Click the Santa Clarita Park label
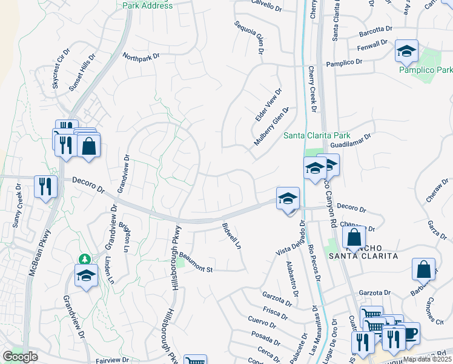(317, 135)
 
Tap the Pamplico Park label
(426, 70)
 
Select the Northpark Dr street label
(141, 56)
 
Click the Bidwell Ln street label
(231, 237)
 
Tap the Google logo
(20, 357)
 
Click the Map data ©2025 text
(427, 359)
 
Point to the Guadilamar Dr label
(353, 141)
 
